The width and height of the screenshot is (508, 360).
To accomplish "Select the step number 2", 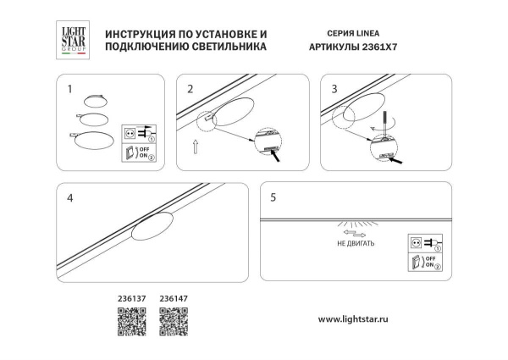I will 190,88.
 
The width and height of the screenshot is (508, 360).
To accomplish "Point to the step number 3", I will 334,88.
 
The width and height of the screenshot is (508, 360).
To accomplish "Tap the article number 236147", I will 174,297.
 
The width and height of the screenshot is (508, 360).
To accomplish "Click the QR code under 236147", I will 174,321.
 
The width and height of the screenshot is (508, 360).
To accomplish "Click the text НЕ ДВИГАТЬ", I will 354,242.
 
